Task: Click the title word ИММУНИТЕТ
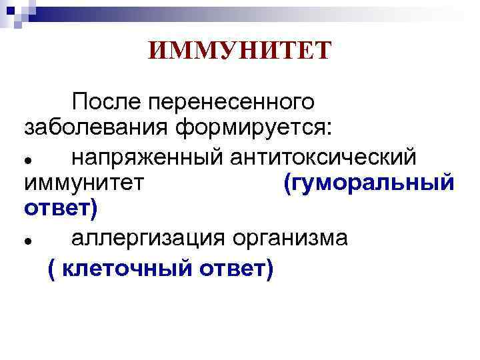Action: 239,51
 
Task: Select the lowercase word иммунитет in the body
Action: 84,183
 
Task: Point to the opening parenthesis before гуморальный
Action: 287,183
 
